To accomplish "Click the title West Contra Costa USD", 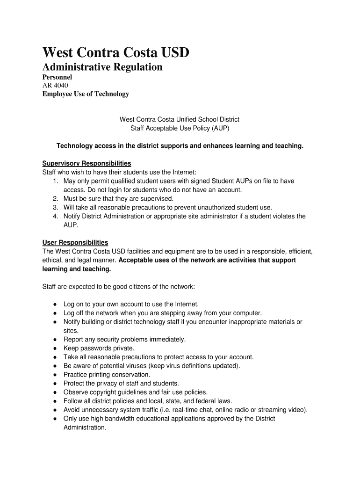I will coord(116,52).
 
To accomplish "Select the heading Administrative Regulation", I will coord(102,67).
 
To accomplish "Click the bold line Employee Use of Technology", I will coord(86,94).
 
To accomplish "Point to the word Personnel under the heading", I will coord(58,77).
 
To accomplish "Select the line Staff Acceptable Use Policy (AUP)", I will coord(180,128).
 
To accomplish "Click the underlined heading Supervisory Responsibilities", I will coord(86,163).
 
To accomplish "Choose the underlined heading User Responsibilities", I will coord(75,242).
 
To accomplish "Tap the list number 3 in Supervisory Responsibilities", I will coord(55,207).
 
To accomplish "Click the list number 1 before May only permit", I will coord(55,181).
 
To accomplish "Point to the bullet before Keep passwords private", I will coord(55,348).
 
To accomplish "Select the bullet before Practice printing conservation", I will coord(55,375).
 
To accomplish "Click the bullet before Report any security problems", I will coord(55,340).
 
